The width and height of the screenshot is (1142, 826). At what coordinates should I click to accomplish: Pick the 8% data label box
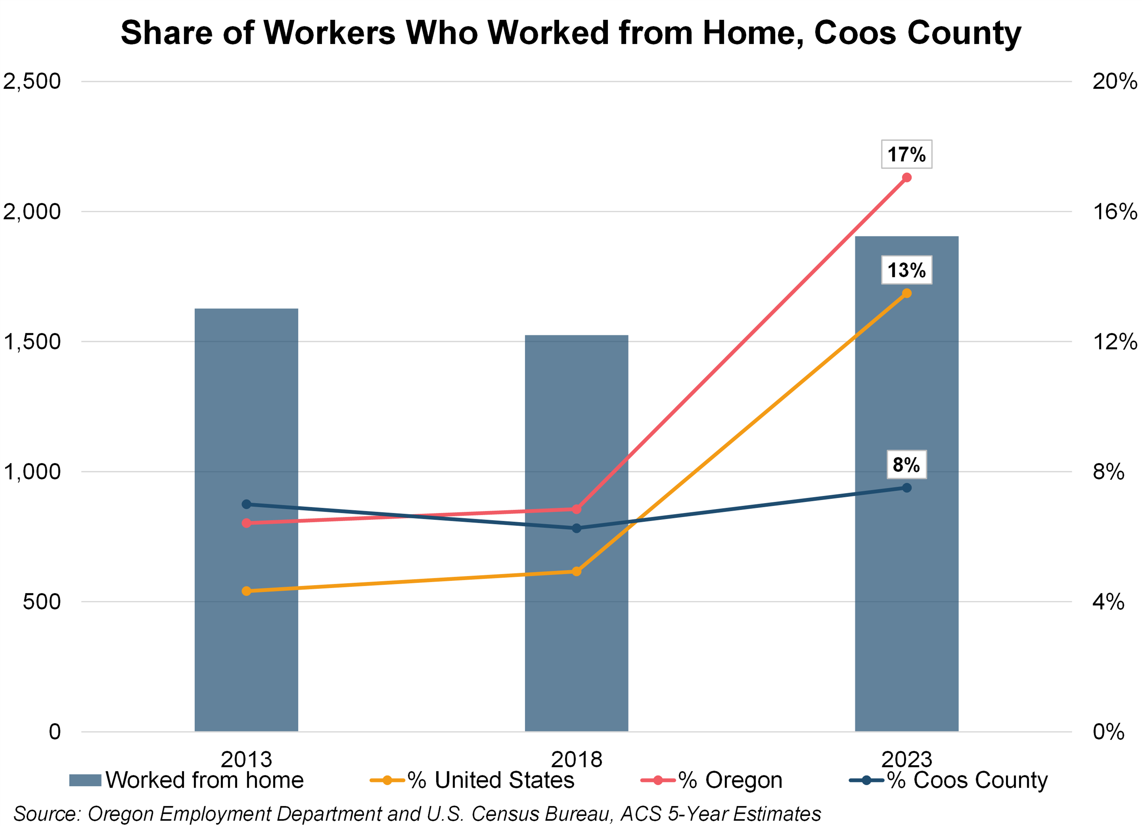tap(906, 464)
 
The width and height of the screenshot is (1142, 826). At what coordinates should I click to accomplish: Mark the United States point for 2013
tap(246, 591)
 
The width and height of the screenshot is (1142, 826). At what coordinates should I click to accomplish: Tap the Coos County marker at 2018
tap(577, 528)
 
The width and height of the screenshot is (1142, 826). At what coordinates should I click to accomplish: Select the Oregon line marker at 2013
tap(246, 523)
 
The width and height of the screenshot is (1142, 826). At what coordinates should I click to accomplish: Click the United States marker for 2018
tap(577, 571)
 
